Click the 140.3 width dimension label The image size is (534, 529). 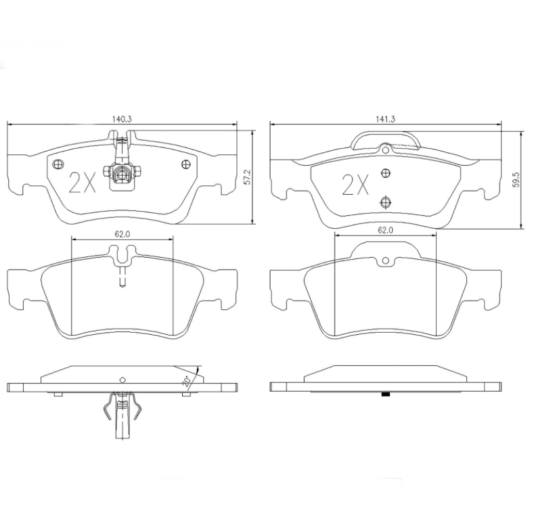(x=121, y=119)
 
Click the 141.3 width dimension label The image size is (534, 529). (x=385, y=119)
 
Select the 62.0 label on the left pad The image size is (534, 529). (x=122, y=233)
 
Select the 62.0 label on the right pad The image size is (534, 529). (x=385, y=230)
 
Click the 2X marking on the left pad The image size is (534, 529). (x=83, y=182)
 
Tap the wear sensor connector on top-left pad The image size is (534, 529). (x=121, y=174)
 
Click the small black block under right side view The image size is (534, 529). (x=386, y=394)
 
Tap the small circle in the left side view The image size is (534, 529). (x=123, y=379)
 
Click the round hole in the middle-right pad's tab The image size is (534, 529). (x=385, y=260)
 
